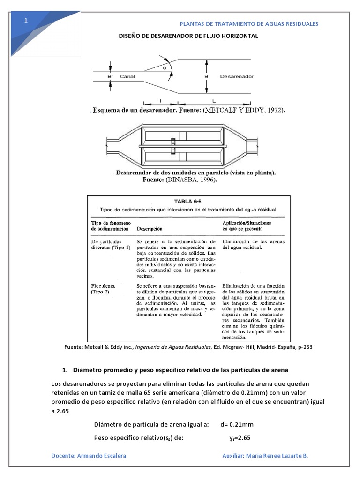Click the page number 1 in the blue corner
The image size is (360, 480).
click(26, 21)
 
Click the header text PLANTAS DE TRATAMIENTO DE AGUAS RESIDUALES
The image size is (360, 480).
click(249, 24)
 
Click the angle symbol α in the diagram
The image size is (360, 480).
click(165, 67)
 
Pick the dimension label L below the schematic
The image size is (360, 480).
click(214, 100)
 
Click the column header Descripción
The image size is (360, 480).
click(150, 229)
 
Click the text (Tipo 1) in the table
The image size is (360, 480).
click(121, 247)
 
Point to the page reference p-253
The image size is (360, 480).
click(304, 347)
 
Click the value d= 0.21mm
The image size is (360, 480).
click(237, 425)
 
